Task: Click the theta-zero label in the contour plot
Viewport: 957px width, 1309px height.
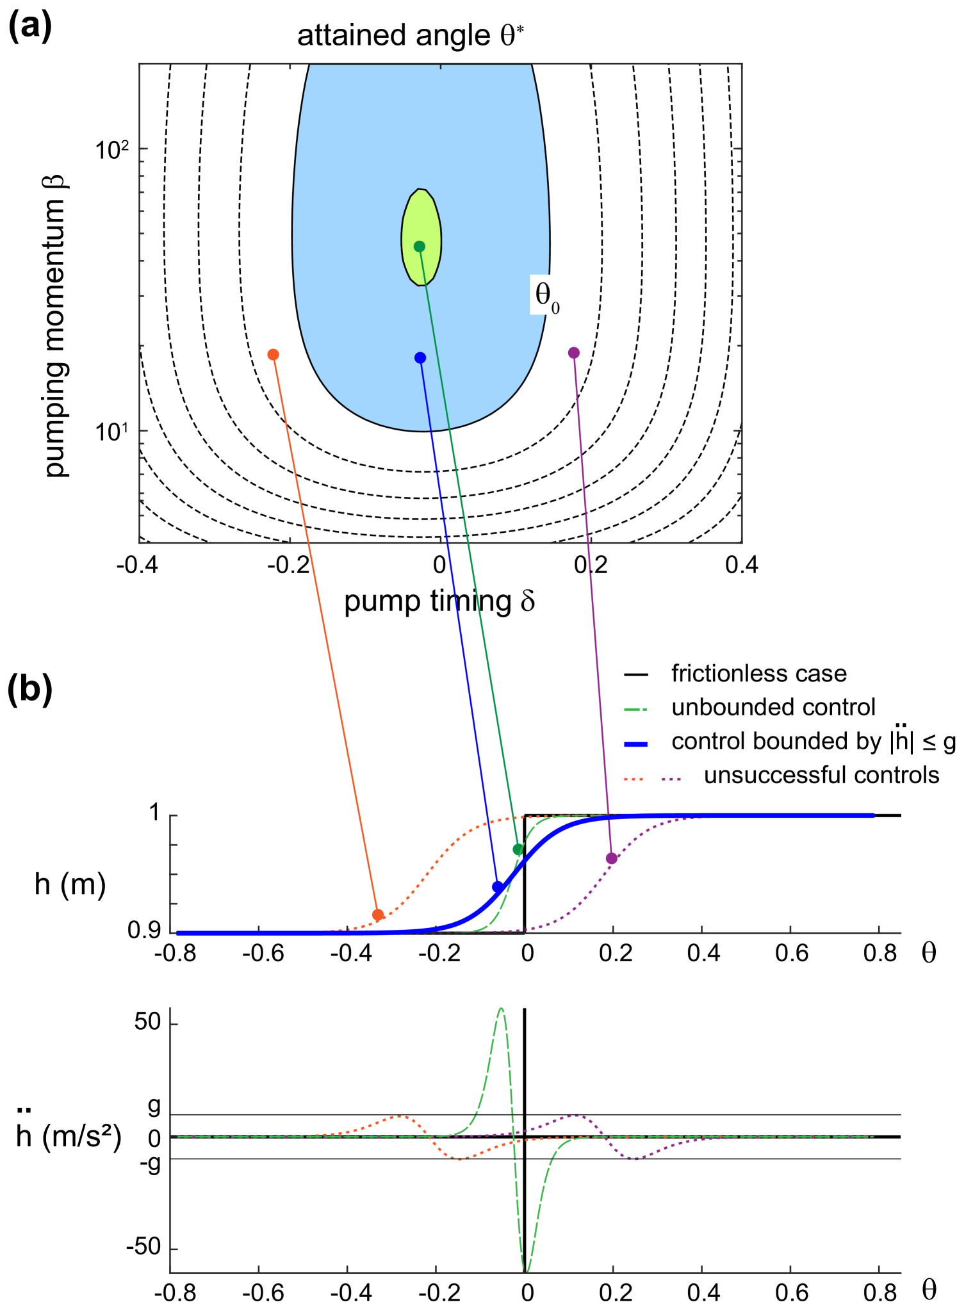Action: [546, 296]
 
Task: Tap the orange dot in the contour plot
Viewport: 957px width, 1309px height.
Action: [273, 354]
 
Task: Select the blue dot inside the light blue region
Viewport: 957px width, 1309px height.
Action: [420, 357]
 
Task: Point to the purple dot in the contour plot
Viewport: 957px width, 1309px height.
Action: [574, 352]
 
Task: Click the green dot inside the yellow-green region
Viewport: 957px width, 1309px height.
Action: [420, 246]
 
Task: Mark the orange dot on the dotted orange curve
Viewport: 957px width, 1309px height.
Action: [378, 915]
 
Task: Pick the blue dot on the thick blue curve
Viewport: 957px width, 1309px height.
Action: [498, 886]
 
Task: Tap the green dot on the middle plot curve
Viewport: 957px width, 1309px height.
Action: [518, 849]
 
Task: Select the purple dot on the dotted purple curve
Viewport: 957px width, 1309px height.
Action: [612, 858]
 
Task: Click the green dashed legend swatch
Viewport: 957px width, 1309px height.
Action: [635, 710]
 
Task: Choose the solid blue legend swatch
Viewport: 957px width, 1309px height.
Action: [635, 744]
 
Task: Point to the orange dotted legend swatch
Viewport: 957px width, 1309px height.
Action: [634, 779]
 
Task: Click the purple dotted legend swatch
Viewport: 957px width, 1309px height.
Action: [671, 779]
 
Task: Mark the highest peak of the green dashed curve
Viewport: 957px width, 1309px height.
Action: [502, 1008]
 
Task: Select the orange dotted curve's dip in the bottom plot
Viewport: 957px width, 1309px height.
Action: [461, 1159]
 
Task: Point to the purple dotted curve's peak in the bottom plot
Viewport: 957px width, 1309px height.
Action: [575, 1116]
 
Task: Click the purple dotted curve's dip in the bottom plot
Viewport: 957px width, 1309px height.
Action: [634, 1159]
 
